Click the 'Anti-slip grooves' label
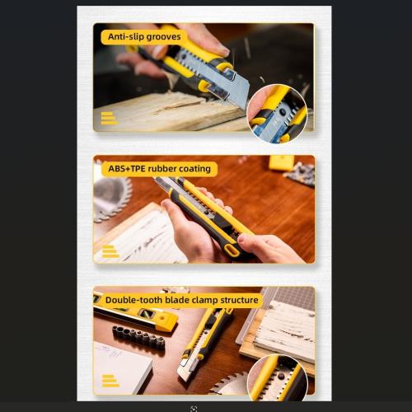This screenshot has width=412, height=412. tap(144, 37)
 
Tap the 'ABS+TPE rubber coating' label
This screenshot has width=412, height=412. tap(159, 169)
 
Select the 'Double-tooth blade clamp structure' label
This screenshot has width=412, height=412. tap(181, 300)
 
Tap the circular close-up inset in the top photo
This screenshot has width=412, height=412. tap(277, 114)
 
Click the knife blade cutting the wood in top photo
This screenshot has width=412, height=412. tap(232, 87)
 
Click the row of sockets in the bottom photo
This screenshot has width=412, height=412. tap(138, 337)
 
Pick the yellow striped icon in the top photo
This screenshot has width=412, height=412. tap(110, 119)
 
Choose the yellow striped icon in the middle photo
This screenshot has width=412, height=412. tap(110, 251)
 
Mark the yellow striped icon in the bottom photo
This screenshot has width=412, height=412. tap(110, 381)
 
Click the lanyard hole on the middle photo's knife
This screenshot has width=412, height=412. tap(232, 250)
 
